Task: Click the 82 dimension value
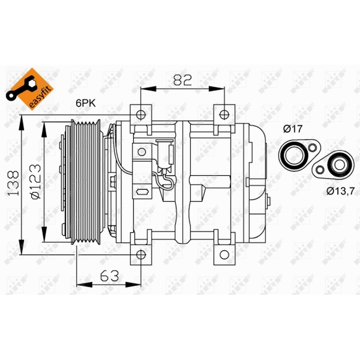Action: point(182,80)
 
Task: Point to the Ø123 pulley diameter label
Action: point(35,181)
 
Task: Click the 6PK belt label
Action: point(85,103)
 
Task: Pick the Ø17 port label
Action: point(293,129)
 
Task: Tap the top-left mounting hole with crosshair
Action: point(141,115)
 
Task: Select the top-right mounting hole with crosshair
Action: point(224,115)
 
